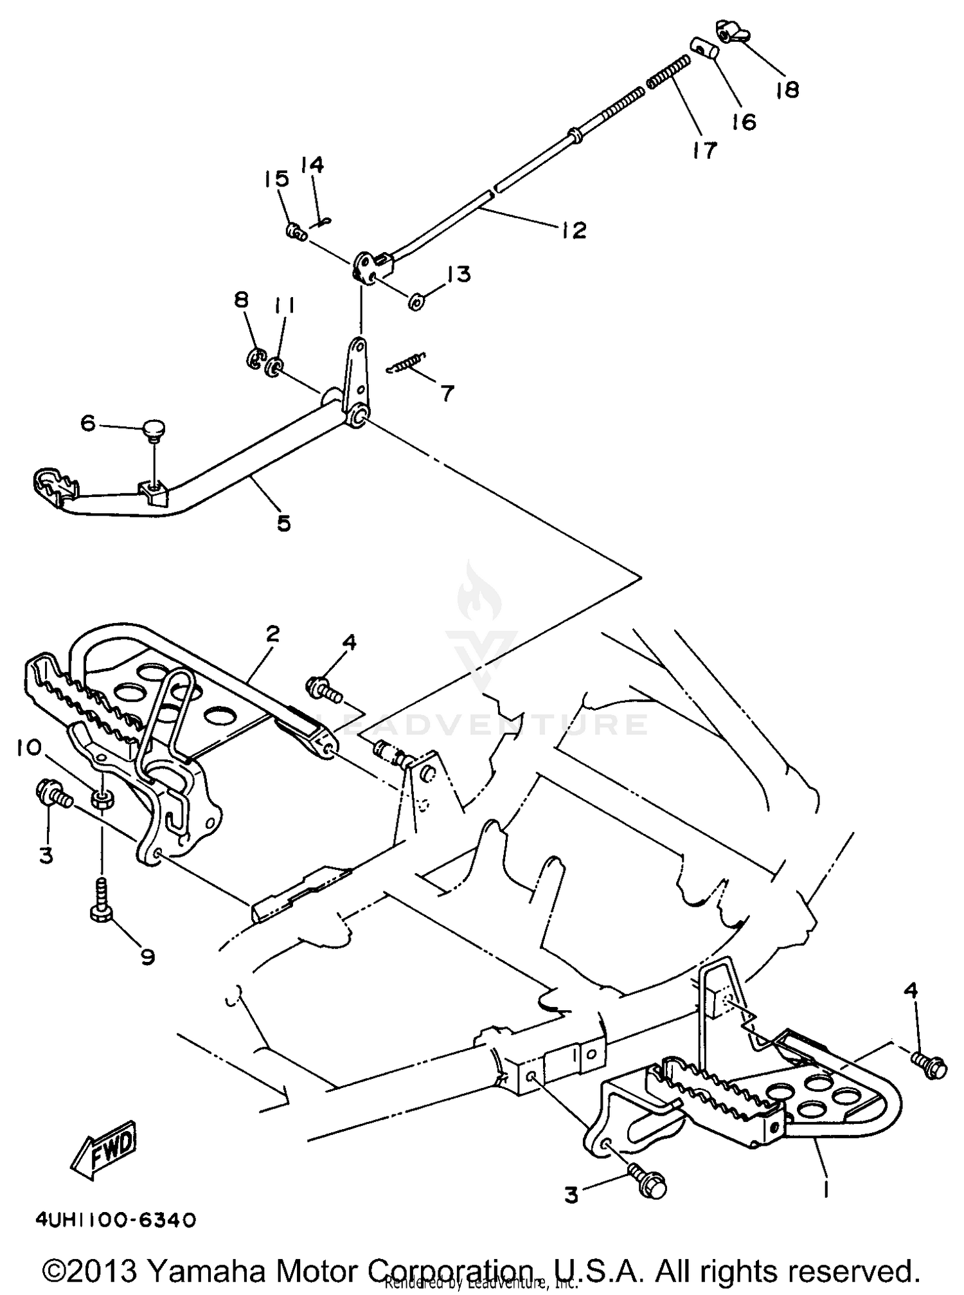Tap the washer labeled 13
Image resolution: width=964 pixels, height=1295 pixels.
coord(416,300)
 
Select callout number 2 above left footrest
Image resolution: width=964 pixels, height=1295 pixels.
coord(272,634)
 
